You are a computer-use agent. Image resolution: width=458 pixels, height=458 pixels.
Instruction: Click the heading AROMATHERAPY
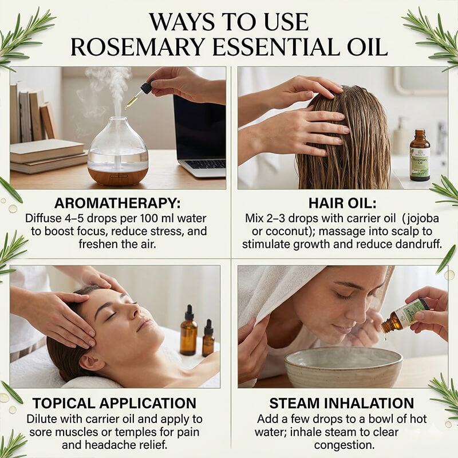[x=117, y=203]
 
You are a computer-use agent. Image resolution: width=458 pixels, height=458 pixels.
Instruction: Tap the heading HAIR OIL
[x=342, y=203]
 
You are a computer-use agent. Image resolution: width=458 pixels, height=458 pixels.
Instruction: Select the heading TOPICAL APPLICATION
[x=114, y=402]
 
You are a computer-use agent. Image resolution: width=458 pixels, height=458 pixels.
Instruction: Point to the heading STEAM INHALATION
[x=342, y=402]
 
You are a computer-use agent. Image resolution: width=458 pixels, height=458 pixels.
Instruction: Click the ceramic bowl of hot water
[x=343, y=366]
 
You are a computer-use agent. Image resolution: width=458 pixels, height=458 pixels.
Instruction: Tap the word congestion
[x=342, y=444]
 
